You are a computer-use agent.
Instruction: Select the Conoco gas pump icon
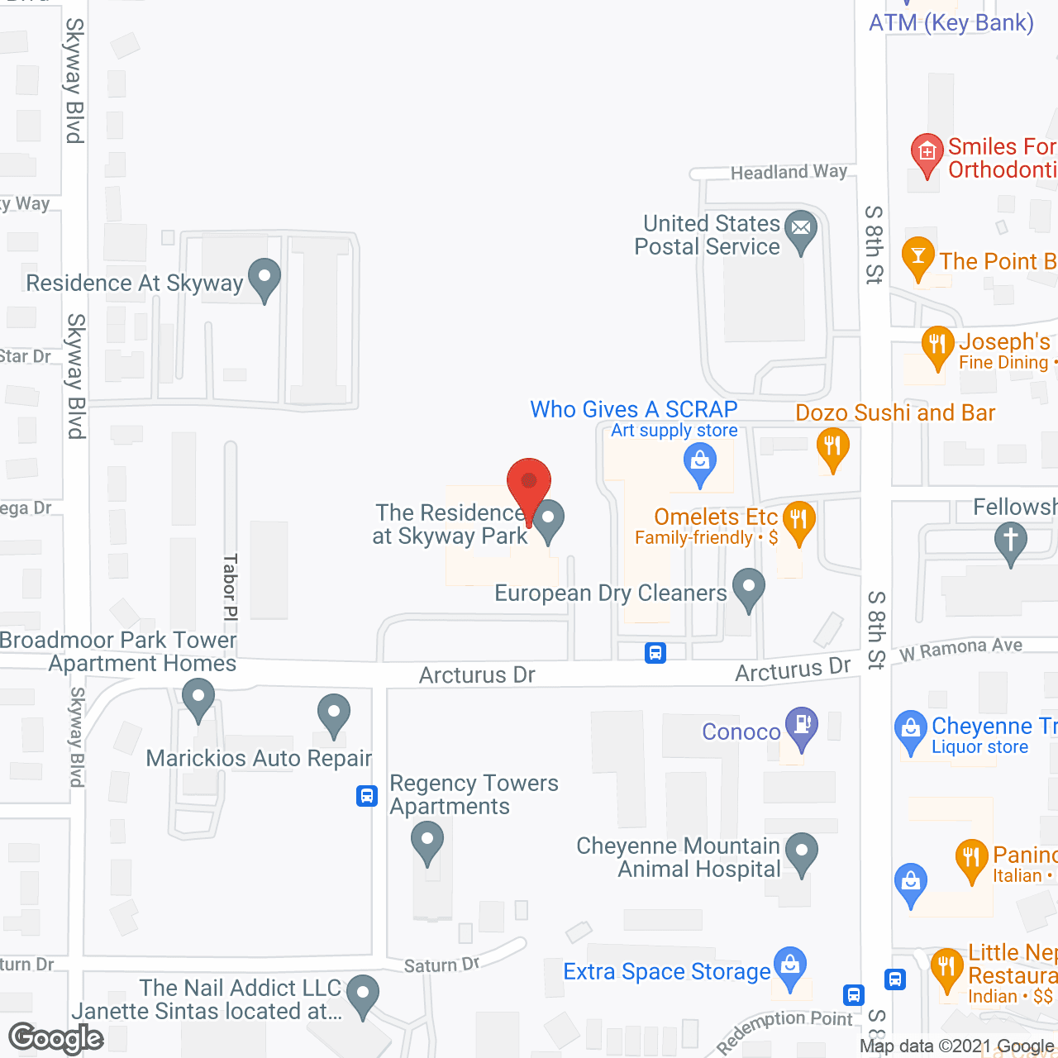pyautogui.click(x=801, y=725)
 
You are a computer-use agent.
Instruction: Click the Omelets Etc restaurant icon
pyautogui.click(x=798, y=520)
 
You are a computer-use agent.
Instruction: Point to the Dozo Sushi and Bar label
pyautogui.click(x=895, y=412)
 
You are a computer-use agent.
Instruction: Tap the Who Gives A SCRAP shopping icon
pyautogui.click(x=699, y=460)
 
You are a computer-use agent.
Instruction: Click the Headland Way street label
pyautogui.click(x=789, y=172)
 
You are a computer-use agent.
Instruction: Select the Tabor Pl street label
pyautogui.click(x=231, y=587)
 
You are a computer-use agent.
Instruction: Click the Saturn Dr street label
pyautogui.click(x=442, y=965)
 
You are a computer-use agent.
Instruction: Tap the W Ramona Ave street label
pyautogui.click(x=960, y=649)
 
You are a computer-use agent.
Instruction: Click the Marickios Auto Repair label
pyautogui.click(x=259, y=758)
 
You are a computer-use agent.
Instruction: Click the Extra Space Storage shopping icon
pyautogui.click(x=790, y=965)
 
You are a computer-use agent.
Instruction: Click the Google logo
pyautogui.click(x=56, y=1038)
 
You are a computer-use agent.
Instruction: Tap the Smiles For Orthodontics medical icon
pyautogui.click(x=927, y=153)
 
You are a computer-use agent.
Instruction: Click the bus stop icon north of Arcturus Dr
pyautogui.click(x=655, y=653)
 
